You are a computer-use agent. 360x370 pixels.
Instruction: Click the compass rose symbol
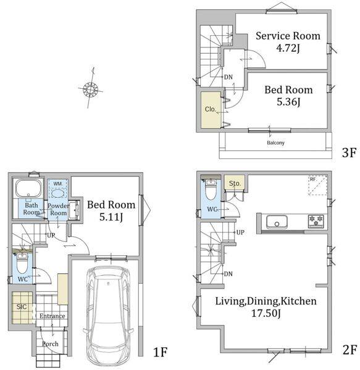(x=91, y=89)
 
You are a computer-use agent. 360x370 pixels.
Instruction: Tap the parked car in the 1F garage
(x=108, y=316)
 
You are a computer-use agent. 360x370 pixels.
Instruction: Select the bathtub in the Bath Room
(x=28, y=188)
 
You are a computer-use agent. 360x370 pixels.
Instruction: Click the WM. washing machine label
(x=58, y=183)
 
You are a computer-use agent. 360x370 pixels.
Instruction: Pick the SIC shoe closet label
(x=22, y=306)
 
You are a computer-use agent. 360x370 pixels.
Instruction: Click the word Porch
(x=50, y=344)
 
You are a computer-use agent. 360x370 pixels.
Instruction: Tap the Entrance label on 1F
(x=52, y=316)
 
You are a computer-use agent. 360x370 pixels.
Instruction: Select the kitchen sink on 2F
(x=277, y=222)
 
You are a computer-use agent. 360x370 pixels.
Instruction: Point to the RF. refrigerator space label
(x=312, y=179)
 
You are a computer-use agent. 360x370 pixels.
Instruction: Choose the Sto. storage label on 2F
(x=235, y=183)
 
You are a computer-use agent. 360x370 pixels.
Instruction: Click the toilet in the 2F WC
(x=211, y=189)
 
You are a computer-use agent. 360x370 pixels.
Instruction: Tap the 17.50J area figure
(x=266, y=313)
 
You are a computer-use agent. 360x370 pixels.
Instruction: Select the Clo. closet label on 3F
(x=210, y=109)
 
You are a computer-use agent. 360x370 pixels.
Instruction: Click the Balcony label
(x=275, y=143)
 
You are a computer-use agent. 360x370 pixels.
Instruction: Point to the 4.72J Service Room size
(x=288, y=48)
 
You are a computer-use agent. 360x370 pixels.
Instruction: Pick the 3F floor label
(x=349, y=153)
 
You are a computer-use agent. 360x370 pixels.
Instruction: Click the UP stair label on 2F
(x=240, y=232)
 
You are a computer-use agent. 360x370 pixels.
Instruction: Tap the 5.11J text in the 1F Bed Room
(x=111, y=217)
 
